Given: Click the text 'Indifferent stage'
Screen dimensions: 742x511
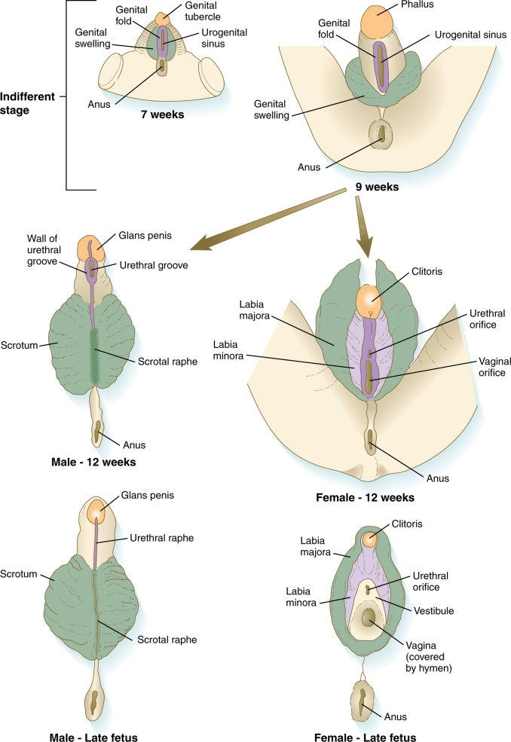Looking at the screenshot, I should tap(28, 102).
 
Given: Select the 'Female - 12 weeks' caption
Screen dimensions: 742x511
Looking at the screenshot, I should tap(366, 498).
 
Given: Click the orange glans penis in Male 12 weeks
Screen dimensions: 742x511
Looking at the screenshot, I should tap(94, 246).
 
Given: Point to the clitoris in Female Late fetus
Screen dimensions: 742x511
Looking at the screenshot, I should tap(369, 539).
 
